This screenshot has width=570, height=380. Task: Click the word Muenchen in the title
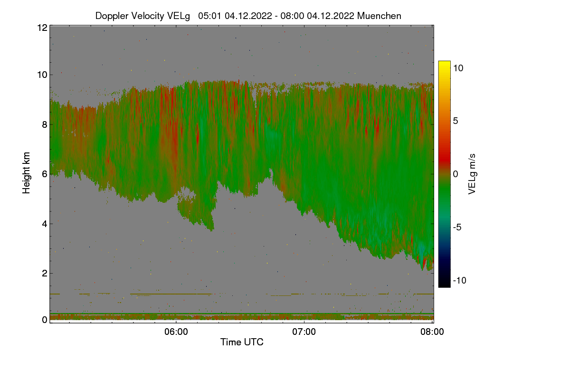379,16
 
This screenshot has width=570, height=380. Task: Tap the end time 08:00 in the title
293,16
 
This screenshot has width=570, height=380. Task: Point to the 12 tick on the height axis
42,28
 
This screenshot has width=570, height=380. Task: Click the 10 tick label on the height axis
42,75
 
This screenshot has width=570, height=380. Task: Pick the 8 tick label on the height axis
44,124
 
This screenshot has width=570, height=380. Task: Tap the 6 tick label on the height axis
44,174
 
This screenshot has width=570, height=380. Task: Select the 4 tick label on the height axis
44,223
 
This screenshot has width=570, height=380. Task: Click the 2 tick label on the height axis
44,273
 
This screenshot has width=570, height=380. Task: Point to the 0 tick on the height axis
44,320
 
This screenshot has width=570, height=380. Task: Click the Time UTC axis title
242,342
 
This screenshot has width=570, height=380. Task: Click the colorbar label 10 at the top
458,68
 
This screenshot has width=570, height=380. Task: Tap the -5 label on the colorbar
458,227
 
